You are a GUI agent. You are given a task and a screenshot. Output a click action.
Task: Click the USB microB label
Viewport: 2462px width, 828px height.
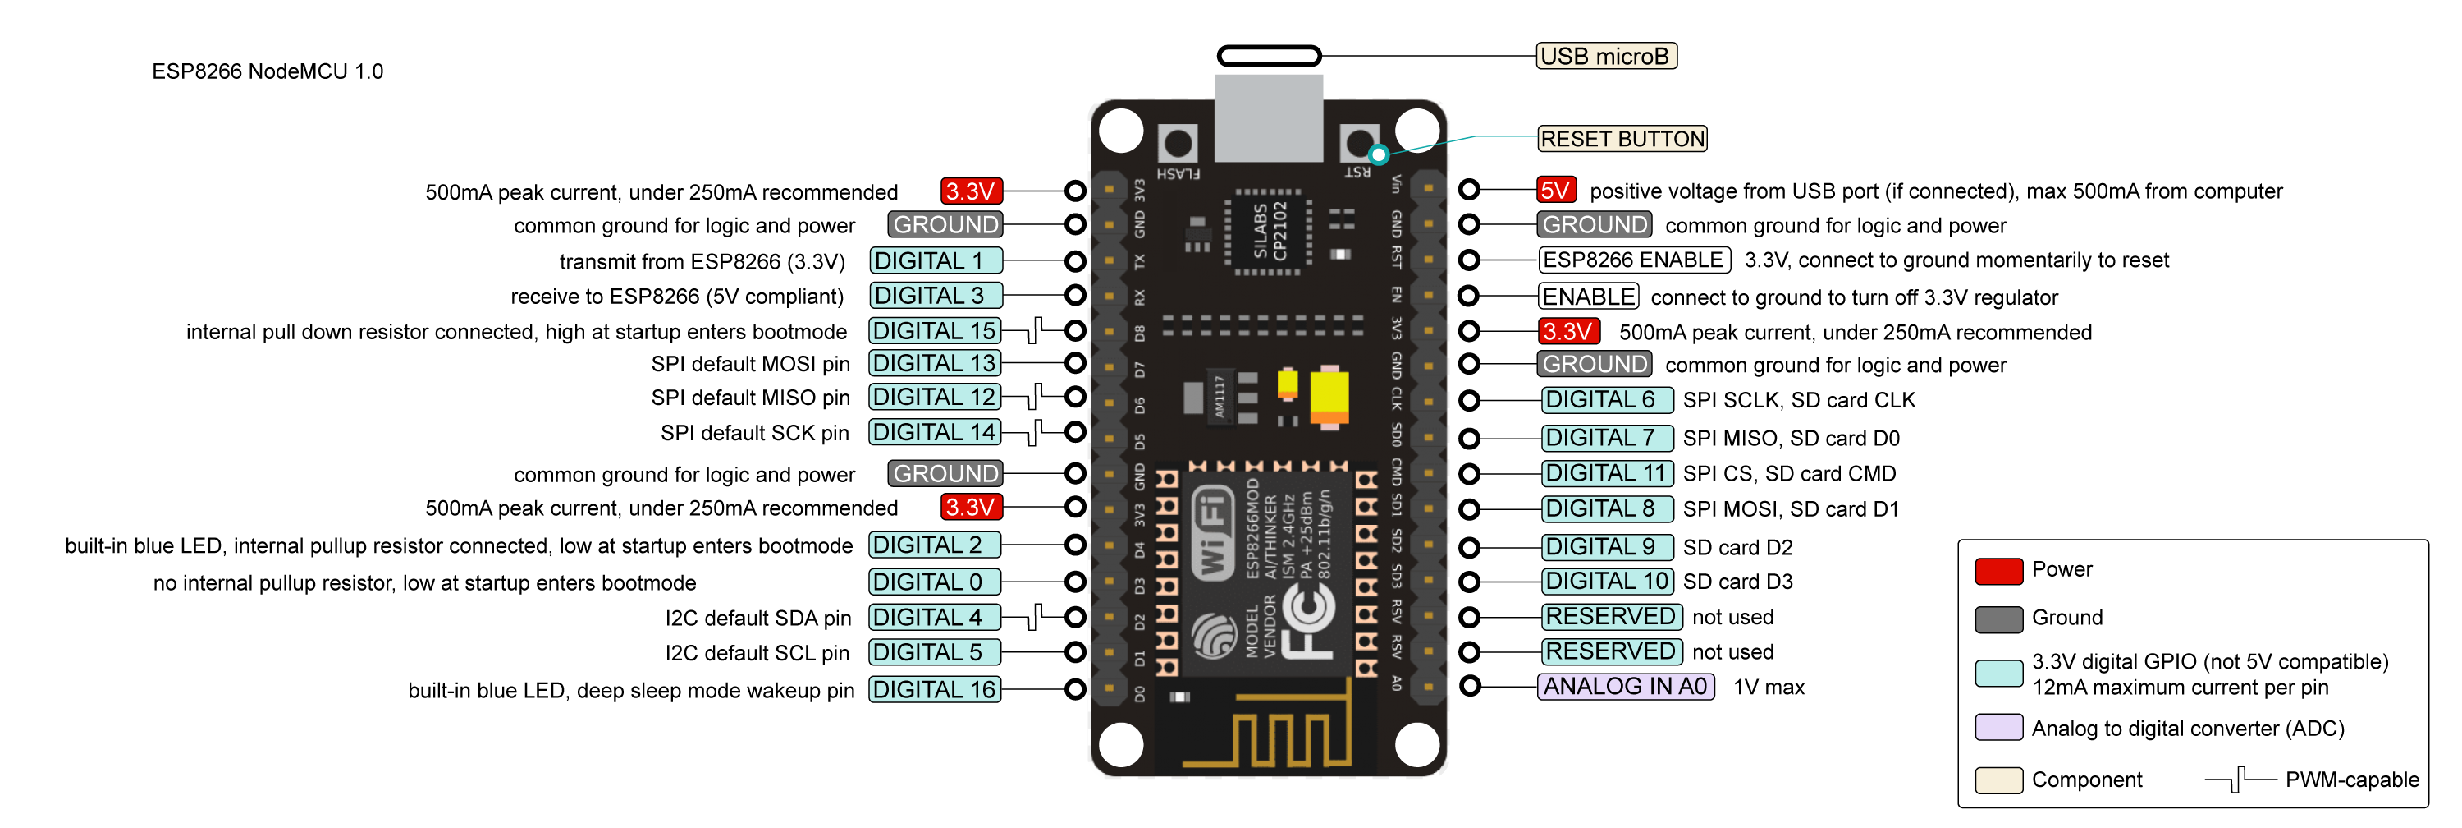coord(1606,57)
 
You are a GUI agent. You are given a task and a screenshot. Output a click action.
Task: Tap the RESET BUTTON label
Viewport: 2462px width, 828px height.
coord(1622,140)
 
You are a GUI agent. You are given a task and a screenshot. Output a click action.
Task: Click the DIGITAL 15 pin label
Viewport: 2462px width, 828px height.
coord(934,331)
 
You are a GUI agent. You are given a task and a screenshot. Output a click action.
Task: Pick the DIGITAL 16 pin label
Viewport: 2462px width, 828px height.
coord(934,689)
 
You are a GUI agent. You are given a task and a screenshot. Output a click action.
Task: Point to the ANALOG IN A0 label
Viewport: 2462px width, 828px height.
coord(1625,687)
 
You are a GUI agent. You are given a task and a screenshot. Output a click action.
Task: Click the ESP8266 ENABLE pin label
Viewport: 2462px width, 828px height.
coord(1633,260)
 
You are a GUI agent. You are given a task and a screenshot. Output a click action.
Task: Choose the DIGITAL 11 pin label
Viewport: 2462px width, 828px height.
coord(1607,473)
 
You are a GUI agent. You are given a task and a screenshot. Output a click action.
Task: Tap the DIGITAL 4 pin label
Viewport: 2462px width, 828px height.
coord(934,618)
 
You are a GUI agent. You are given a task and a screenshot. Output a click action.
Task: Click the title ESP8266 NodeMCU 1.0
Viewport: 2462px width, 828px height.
coord(268,71)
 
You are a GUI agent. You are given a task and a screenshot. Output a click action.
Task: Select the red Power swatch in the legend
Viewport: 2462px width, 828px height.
coord(1998,571)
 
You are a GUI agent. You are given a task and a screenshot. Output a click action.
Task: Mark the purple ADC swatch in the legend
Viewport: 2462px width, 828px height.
coord(1998,728)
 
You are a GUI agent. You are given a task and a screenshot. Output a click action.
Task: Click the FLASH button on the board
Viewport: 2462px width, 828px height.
coord(1178,145)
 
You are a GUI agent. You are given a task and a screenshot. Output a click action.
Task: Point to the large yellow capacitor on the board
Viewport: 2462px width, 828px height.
coord(1329,397)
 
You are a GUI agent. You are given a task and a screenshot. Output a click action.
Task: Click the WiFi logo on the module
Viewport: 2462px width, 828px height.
coord(1213,532)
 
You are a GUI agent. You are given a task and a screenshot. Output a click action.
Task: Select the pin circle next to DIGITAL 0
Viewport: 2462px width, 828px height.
coord(1075,582)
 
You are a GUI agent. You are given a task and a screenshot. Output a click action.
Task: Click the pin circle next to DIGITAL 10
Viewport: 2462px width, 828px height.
coord(1469,582)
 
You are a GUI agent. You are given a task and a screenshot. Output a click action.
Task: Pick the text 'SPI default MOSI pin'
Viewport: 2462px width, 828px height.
coord(750,364)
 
